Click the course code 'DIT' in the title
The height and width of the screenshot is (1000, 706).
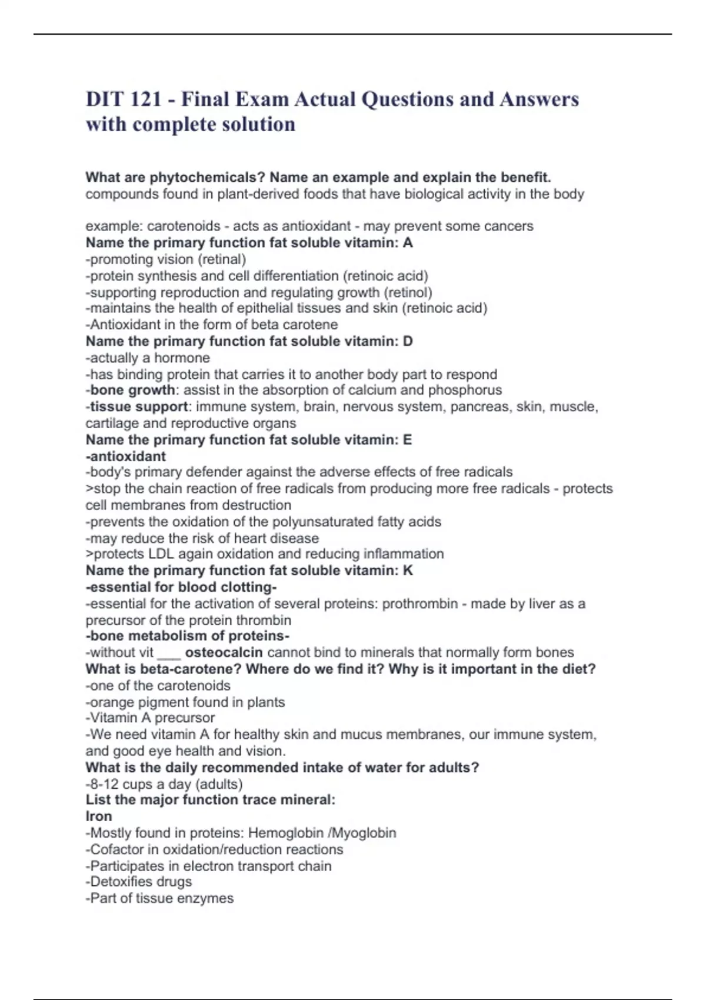coord(105,99)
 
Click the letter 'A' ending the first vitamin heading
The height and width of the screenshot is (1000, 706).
coord(408,243)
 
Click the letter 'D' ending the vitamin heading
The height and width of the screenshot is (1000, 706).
coord(408,341)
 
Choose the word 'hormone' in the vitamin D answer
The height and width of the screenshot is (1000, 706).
coord(182,358)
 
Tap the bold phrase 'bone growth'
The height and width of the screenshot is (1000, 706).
coord(132,390)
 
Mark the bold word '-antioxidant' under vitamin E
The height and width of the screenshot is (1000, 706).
coord(126,456)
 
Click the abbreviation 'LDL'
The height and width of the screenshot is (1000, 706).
coord(161,554)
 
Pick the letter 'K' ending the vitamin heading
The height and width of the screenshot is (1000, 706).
coord(408,571)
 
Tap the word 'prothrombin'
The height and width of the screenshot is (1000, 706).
coord(420,604)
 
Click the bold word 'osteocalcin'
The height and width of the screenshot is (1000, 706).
coord(224,652)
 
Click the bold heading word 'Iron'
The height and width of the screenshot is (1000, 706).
coord(98,816)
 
